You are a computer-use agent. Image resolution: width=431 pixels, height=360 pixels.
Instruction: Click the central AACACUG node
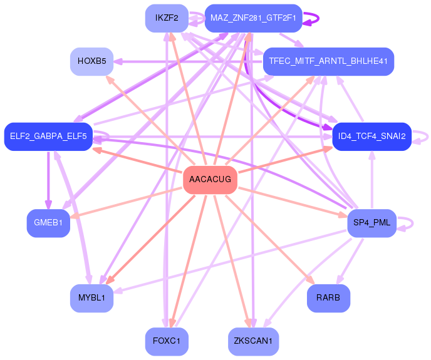tap(210, 180)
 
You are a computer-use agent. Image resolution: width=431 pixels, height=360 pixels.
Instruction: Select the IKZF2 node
tap(167, 18)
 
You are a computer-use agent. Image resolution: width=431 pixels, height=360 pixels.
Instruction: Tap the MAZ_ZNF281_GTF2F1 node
tap(253, 18)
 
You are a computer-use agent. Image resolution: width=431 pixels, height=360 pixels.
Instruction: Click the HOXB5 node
tap(91, 61)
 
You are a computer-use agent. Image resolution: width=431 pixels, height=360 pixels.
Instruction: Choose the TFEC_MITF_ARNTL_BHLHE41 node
tap(328, 61)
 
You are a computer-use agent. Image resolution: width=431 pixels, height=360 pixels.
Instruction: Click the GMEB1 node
tap(48, 223)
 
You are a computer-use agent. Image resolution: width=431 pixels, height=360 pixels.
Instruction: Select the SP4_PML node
tap(371, 223)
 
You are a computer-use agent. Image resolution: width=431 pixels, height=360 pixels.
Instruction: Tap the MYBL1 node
tap(91, 297)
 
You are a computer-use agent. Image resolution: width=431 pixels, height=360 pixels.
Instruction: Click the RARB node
tap(328, 297)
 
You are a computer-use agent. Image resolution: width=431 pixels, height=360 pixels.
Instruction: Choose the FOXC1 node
tap(167, 341)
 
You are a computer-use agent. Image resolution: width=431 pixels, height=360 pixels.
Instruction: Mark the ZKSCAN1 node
tap(253, 341)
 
